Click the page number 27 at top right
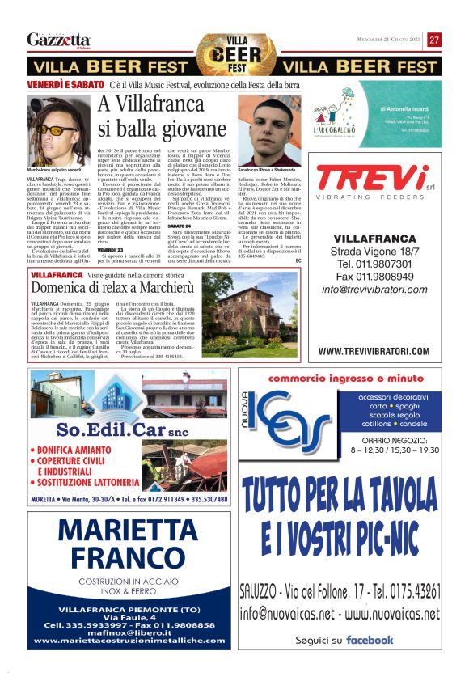[x=434, y=40]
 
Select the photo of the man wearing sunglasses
[x=59, y=130]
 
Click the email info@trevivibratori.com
[x=374, y=311]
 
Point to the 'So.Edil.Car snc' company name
[x=122, y=429]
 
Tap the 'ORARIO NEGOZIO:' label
[x=395, y=439]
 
